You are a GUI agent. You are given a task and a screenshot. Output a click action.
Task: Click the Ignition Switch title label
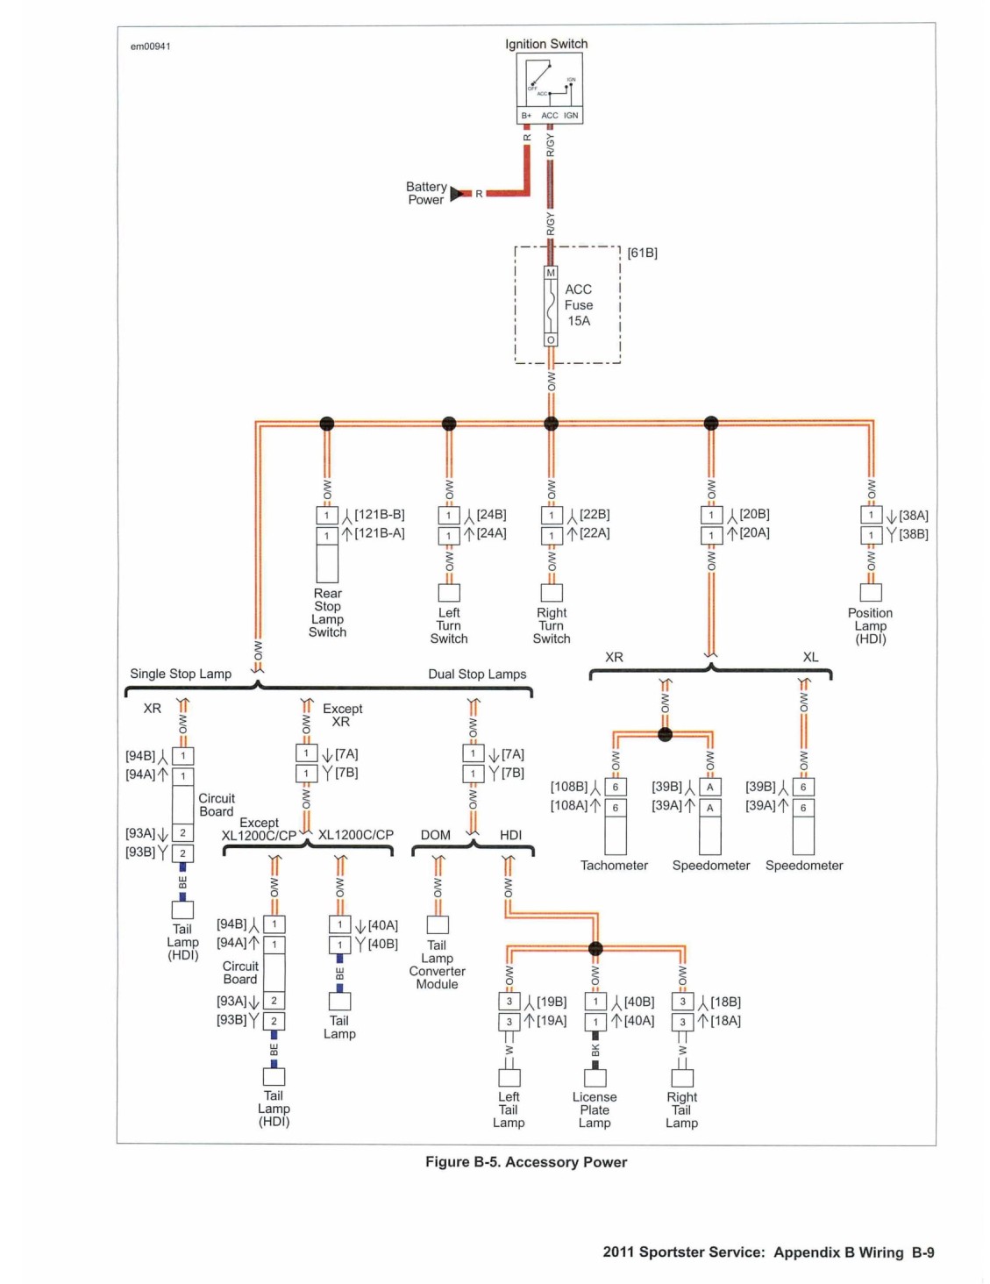point(545,44)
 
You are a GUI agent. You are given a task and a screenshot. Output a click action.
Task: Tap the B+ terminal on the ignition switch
point(526,115)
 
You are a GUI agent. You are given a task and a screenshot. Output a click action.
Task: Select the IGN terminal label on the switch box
point(571,115)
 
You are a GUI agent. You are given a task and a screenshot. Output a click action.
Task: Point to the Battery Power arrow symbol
point(456,193)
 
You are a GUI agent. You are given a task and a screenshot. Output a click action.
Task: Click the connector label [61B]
point(642,253)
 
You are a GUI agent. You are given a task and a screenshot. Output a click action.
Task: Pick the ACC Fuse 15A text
point(578,305)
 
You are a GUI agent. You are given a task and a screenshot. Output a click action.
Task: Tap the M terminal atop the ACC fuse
point(551,273)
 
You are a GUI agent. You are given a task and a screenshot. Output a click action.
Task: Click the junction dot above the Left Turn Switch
point(449,423)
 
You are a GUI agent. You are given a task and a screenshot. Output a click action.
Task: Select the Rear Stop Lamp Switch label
point(327,612)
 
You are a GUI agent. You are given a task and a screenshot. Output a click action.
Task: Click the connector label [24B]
point(491,515)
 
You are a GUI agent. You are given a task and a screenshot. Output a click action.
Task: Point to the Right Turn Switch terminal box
point(551,592)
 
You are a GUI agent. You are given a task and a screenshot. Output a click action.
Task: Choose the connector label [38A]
point(913,515)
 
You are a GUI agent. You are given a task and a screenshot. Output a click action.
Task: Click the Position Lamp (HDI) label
point(870,625)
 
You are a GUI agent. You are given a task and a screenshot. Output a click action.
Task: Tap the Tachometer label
point(614,865)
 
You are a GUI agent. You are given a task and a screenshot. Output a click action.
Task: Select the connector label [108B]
point(569,787)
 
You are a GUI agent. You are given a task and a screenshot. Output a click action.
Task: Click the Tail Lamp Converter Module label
point(437,965)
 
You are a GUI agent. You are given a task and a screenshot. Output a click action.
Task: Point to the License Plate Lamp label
point(595,1109)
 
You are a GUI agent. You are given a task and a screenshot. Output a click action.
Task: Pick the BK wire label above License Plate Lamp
point(595,1050)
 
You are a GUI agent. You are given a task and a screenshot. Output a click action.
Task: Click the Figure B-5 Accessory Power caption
point(526,1162)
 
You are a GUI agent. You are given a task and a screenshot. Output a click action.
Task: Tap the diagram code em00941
point(151,46)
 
